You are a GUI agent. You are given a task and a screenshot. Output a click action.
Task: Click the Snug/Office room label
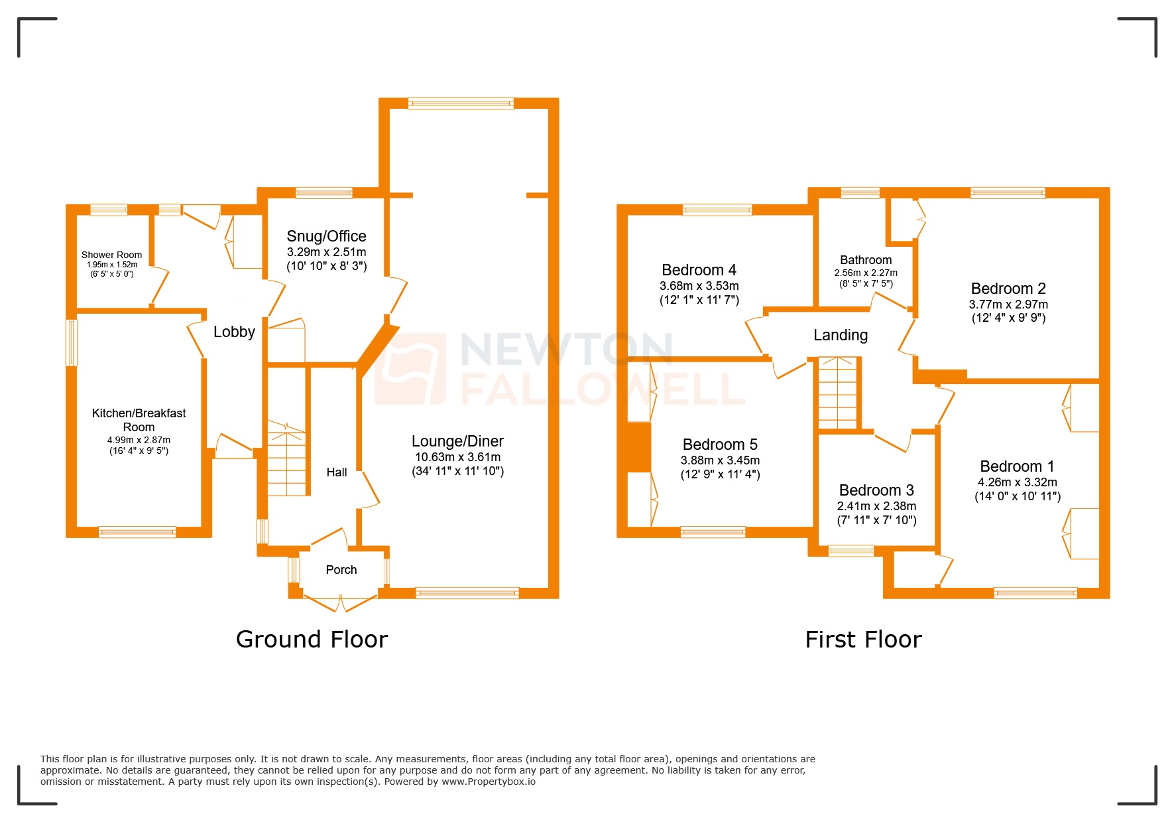[326, 236]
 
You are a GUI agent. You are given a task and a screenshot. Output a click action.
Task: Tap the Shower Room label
[111, 255]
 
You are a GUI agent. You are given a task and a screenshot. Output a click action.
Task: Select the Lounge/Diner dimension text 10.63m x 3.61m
[457, 457]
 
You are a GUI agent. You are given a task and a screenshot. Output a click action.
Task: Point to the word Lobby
[234, 332]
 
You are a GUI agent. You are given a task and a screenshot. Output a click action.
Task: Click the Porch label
[341, 570]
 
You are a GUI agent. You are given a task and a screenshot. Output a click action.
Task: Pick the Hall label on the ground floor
[337, 472]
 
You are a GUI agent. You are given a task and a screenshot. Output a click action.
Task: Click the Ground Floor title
[312, 640]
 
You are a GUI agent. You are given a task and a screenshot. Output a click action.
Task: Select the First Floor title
[863, 640]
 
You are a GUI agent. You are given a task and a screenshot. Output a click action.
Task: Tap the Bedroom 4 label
[699, 270]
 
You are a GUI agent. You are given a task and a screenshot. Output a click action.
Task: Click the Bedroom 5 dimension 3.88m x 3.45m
[720, 460]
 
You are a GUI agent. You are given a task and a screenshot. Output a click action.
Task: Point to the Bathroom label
[866, 260]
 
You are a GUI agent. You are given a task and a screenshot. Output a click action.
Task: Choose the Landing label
[841, 335]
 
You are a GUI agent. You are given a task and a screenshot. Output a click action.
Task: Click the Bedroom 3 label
[876, 490]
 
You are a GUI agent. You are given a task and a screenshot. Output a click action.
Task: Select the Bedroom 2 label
[1008, 289]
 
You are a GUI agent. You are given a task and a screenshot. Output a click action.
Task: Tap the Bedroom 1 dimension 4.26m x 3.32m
[1018, 482]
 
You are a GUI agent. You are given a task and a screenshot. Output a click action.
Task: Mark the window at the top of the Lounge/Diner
[461, 103]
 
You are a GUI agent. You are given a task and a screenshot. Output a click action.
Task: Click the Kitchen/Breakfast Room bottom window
[137, 531]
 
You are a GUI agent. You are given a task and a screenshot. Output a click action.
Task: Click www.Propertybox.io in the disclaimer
[489, 782]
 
